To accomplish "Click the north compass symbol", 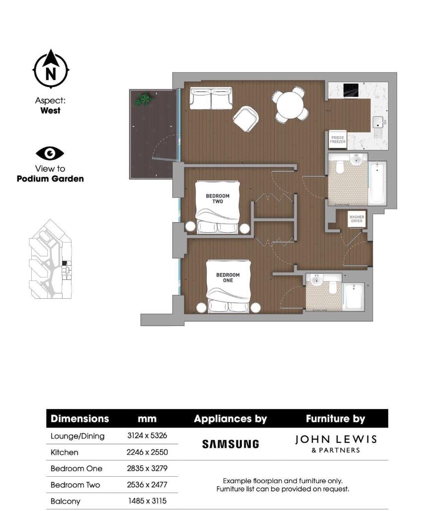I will coord(51,70).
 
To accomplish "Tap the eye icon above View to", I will coord(50,153).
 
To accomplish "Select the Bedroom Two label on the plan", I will coord(215,199).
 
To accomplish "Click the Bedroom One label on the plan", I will coord(227,277).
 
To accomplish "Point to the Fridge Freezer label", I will coord(338,139).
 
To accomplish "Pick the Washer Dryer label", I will coord(357,219).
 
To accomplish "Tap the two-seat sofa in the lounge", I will coord(211,99).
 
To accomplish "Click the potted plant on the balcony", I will coord(143,99).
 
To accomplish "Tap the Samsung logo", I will coord(230,444).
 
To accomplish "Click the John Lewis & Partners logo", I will coord(336,443).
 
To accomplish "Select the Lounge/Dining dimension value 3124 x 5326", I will coord(147,436).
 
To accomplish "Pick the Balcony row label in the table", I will coord(66,501).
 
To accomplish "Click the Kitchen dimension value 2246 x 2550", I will coord(147,452).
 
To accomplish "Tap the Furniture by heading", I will coord(336,419).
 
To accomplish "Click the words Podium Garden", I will coord(50,179).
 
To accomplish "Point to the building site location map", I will coord(50,259).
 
